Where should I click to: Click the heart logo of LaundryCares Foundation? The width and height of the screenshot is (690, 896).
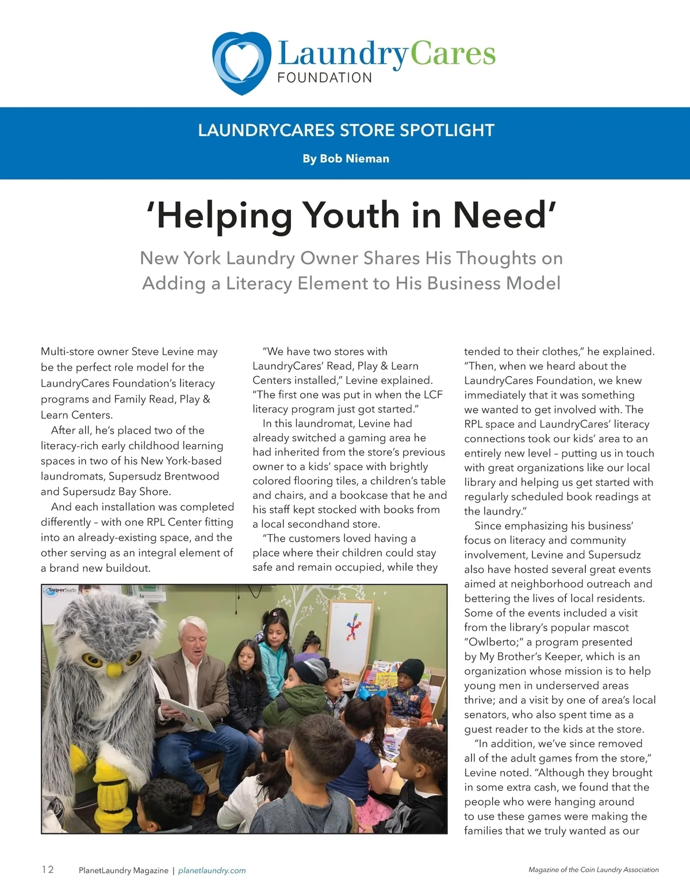coord(241,62)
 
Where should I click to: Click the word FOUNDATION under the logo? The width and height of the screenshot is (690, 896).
coord(324,78)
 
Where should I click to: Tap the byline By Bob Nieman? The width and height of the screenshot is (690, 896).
coord(346,159)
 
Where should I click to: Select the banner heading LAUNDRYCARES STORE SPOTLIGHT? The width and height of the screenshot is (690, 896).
coord(346,131)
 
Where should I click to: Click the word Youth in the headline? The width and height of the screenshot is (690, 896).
coord(351,215)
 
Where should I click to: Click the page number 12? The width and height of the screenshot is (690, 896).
coord(48,870)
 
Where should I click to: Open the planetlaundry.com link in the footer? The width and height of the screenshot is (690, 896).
coord(212,871)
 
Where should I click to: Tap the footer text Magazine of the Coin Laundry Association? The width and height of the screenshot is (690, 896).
coord(593,870)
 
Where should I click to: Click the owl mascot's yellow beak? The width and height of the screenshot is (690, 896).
coord(115,669)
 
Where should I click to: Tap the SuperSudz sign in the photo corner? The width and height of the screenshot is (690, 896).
coord(60,590)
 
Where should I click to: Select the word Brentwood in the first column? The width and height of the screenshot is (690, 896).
coord(190,477)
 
